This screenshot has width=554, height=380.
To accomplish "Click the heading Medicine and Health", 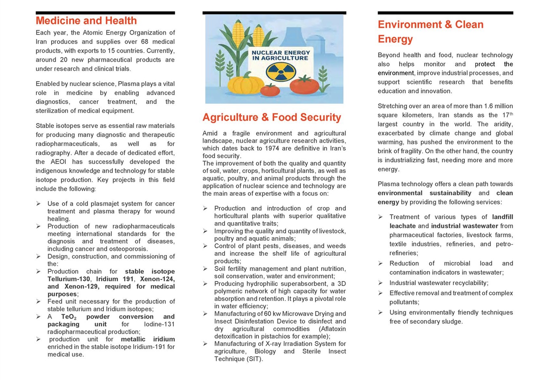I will pos(86,21).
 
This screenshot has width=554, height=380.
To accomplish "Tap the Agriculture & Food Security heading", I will pos(271,117).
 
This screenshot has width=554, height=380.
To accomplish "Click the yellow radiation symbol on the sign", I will pos(281,72).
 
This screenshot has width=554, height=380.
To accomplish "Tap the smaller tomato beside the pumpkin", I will pos(270,90).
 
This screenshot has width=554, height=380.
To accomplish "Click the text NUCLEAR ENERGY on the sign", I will pos(281,52).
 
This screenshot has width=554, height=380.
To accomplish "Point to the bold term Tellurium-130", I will pos(69,279).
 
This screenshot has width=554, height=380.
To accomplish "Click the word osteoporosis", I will pos(128,249).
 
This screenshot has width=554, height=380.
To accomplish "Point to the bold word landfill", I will pos(502,217).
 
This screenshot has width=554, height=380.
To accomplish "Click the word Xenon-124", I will pos(157,279).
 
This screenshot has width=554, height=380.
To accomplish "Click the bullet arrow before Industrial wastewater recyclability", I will pos(380,283).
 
